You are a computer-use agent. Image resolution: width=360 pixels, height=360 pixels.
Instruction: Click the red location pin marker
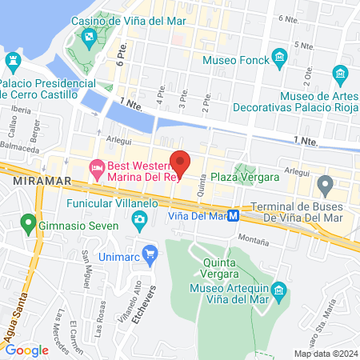pyautogui.click(x=181, y=162)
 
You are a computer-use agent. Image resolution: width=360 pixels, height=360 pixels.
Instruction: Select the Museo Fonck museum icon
pyautogui.click(x=279, y=57)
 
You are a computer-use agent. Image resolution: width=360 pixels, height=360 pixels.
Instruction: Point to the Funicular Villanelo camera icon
pyautogui.click(x=140, y=219)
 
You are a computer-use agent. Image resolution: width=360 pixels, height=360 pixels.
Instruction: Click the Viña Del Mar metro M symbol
pyautogui.click(x=234, y=214)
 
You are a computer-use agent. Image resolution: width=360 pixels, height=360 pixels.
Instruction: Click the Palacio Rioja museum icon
pyautogui.click(x=342, y=77)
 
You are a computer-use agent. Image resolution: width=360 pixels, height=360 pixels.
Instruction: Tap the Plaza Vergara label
pyautogui.click(x=245, y=176)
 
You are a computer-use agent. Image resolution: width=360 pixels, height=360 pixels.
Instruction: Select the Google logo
pyautogui.click(x=26, y=350)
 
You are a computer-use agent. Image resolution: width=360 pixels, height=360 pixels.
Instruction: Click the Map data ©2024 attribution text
pyautogui.click(x=325, y=354)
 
